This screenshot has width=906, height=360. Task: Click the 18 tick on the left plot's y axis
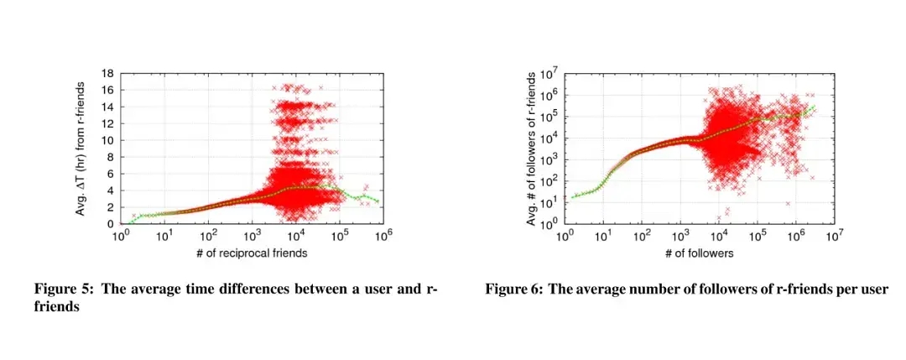[108, 73]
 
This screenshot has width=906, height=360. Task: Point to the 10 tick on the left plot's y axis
[108, 140]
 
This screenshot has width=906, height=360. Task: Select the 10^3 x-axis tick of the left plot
[252, 237]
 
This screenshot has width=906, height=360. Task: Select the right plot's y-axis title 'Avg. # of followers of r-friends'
[531, 149]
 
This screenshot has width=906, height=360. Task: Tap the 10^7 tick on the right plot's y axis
[550, 74]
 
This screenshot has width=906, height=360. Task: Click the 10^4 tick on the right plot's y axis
[550, 138]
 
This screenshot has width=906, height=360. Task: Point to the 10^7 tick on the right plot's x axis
[834, 237]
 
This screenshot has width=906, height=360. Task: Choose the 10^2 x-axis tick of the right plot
[642, 237]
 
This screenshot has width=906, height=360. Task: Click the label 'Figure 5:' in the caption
[64, 290]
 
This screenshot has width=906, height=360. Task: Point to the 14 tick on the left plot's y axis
[108, 107]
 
